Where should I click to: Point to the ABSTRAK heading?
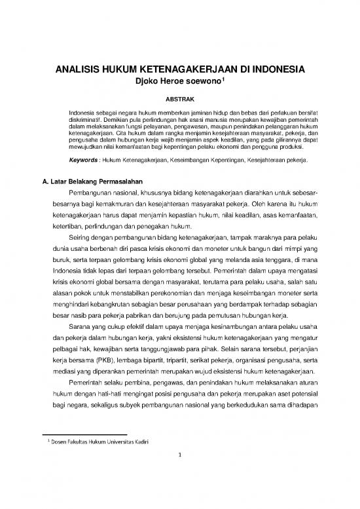pos(179,100)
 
